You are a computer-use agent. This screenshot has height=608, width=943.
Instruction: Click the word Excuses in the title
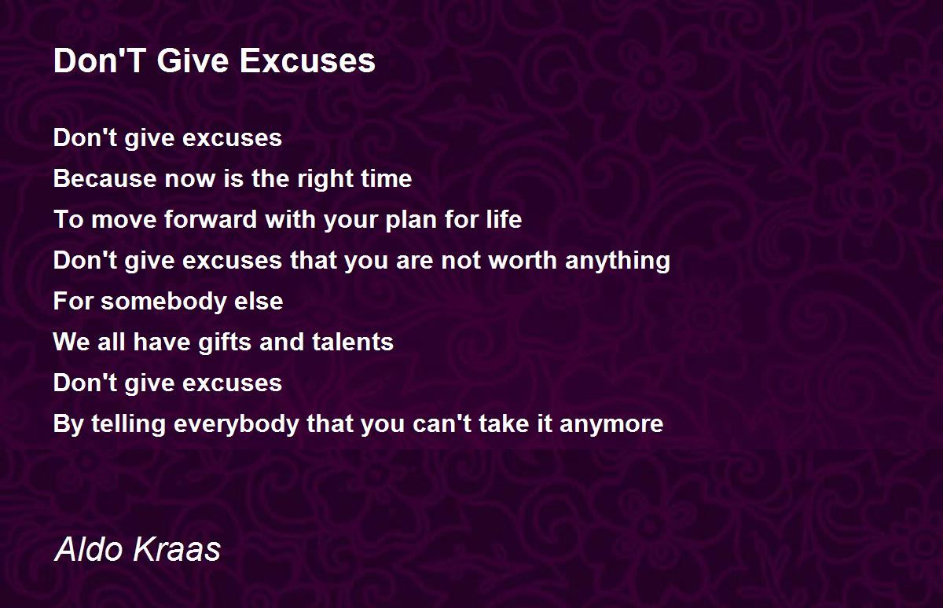pyautogui.click(x=307, y=60)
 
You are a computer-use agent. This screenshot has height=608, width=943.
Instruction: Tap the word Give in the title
pyautogui.click(x=193, y=60)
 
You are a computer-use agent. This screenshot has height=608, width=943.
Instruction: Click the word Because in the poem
pyautogui.click(x=105, y=178)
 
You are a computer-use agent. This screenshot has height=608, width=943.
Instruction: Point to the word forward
pyautogui.click(x=211, y=219)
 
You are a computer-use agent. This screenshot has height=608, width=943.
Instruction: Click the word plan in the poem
pyautogui.click(x=410, y=220)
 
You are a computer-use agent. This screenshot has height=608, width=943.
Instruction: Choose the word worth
pyautogui.click(x=523, y=260)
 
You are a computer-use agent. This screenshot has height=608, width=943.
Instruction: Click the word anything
pyautogui.click(x=618, y=261)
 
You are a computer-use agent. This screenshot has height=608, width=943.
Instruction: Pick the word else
pyautogui.click(x=259, y=301)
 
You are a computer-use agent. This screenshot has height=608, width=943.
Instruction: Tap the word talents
pyautogui.click(x=353, y=342)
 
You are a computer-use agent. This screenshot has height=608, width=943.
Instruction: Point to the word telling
pyautogui.click(x=128, y=424)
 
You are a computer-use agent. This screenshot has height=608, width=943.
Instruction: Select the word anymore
pyautogui.click(x=611, y=424)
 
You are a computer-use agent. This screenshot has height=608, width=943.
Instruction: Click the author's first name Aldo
pyautogui.click(x=89, y=548)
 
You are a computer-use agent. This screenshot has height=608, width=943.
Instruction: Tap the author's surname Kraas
pyautogui.click(x=177, y=548)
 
